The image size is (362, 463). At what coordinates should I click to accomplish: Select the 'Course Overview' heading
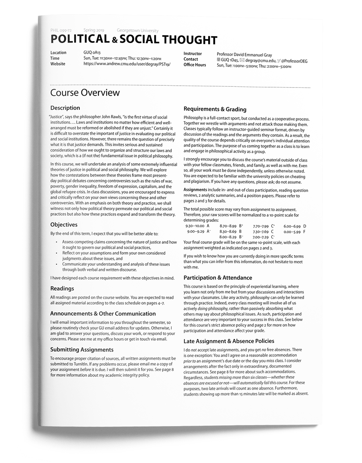point(85,93)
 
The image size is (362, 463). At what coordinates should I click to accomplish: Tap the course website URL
point(127,64)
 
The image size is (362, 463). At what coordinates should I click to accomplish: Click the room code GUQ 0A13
point(92,52)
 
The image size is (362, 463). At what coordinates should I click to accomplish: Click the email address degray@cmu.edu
point(261,61)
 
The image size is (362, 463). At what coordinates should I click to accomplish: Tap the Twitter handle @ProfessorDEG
point(294,61)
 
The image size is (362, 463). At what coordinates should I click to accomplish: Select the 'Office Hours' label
point(194,65)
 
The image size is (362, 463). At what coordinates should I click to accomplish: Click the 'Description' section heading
point(65,108)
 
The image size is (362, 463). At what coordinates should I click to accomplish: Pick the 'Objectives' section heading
point(64,225)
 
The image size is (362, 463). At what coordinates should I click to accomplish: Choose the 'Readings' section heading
point(62,288)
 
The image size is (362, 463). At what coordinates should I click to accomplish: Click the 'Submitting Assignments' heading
point(82,349)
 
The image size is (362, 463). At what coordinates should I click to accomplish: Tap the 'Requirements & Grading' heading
point(215,109)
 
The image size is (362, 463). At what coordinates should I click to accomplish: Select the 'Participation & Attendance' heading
point(218,278)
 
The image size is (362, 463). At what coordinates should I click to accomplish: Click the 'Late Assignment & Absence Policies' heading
point(229,341)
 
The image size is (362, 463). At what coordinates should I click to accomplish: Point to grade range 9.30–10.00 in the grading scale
point(195,226)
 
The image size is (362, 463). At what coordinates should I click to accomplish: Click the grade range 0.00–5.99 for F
point(292,231)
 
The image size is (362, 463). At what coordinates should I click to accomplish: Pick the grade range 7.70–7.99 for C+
point(261,226)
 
